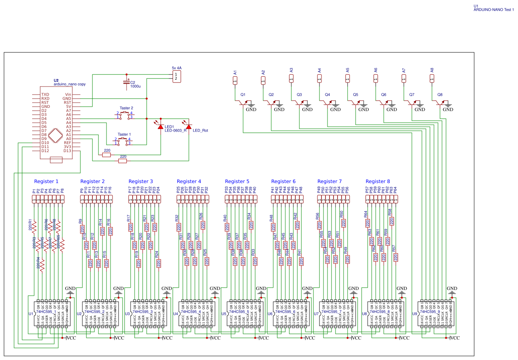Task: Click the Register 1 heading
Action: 46,181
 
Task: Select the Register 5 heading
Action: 237,181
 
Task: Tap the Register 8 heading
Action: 378,181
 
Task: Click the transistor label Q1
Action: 243,95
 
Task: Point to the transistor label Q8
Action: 440,95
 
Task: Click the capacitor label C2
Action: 133,82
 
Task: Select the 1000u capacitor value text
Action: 135,86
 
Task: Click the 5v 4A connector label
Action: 176,68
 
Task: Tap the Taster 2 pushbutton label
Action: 126,108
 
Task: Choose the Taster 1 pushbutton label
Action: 124,134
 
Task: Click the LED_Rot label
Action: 201,130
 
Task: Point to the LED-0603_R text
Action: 176,130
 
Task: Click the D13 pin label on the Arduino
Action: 67,151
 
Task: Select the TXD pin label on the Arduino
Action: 45,95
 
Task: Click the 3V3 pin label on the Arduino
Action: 67,147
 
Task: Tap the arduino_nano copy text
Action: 70,84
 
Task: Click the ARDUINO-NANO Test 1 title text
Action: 494,10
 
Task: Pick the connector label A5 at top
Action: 348,70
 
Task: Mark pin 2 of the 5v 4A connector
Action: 175,79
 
